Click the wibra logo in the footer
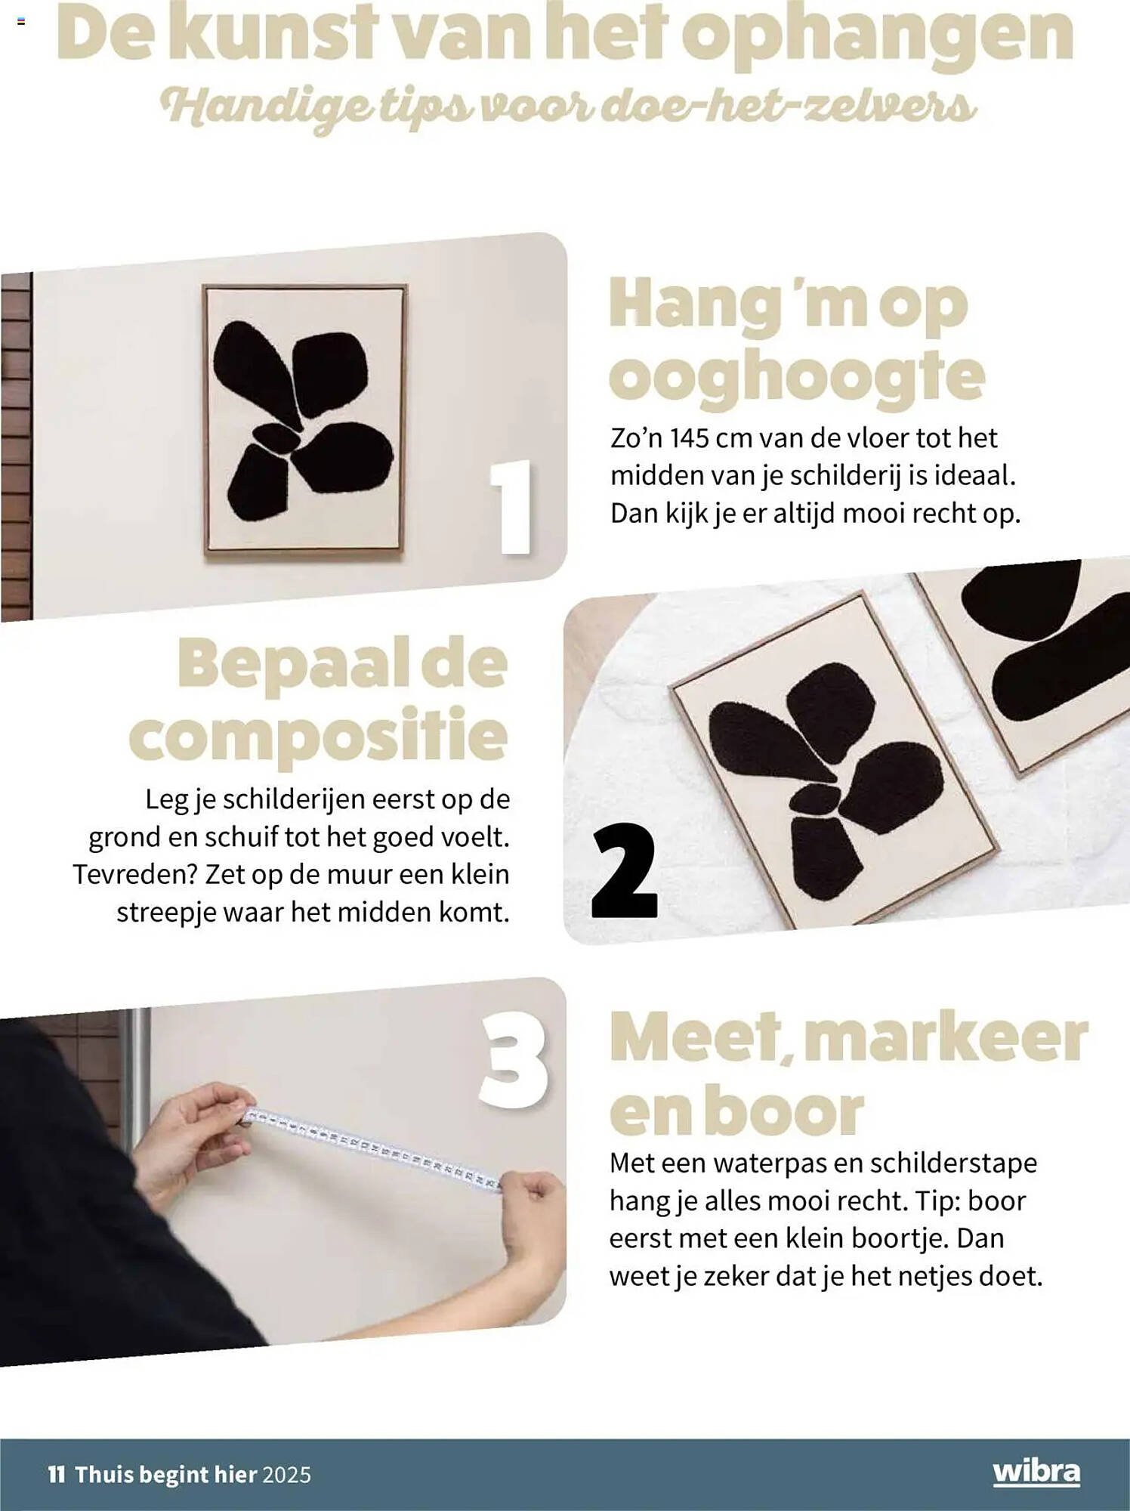(x=1036, y=1472)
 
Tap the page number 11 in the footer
(x=57, y=1474)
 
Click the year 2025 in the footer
(x=286, y=1474)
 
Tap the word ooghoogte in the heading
(x=797, y=375)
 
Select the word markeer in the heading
(x=945, y=1037)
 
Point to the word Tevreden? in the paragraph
(x=135, y=874)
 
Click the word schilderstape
(x=953, y=1163)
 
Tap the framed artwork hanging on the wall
(x=304, y=421)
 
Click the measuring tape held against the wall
(x=372, y=1148)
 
